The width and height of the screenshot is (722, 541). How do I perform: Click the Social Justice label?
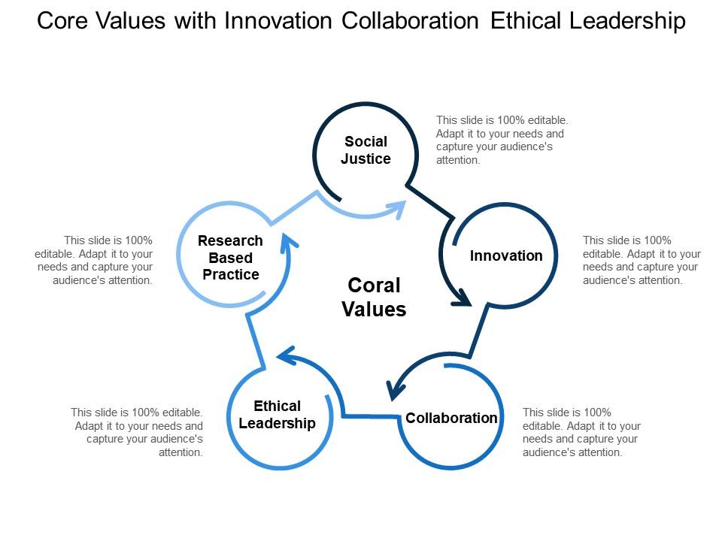366,150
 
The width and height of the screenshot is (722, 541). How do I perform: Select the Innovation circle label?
506,255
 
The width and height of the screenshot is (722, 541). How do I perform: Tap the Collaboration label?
451,418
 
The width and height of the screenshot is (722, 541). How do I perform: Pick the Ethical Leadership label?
277,415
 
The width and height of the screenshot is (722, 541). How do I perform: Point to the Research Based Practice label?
230,258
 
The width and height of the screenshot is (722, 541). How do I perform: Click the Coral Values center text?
374,297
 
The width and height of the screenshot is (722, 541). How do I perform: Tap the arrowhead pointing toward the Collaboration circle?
394,390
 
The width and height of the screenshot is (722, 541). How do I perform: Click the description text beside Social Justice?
502,140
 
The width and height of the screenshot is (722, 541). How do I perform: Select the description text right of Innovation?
642,260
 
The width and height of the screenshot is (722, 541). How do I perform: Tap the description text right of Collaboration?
581,432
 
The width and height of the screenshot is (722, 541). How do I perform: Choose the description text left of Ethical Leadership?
137,432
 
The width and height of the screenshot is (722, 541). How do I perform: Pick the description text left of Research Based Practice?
94,260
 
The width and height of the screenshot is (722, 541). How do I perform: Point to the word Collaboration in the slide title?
410,21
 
